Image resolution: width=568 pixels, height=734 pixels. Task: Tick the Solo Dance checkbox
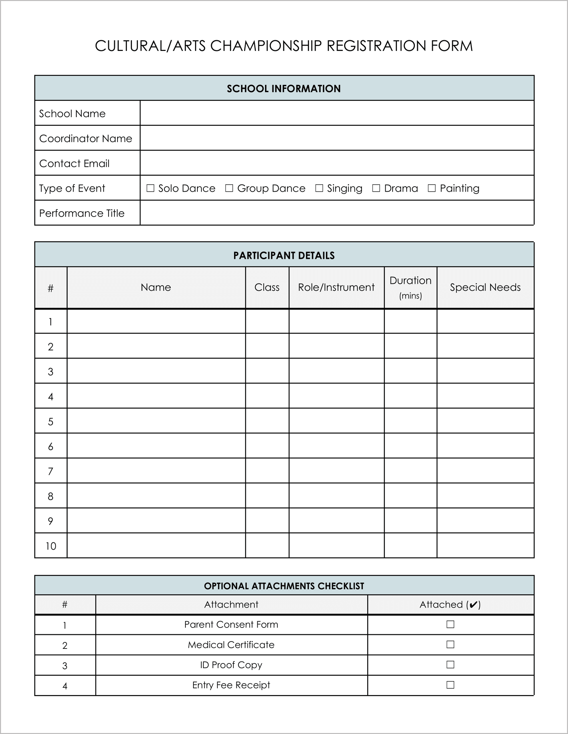[150, 188]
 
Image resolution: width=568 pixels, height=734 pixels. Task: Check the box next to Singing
[319, 188]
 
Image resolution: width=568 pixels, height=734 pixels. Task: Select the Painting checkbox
[432, 188]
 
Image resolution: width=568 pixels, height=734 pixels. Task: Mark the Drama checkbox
[376, 188]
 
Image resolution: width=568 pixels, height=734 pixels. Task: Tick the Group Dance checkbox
[229, 188]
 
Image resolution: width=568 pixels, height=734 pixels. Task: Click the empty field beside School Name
[337, 113]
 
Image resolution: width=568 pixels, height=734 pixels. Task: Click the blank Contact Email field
[337, 163]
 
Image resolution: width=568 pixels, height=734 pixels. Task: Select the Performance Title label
[82, 213]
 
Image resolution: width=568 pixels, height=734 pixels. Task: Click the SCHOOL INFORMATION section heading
[284, 89]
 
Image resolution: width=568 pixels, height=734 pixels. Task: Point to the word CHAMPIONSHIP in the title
[266, 46]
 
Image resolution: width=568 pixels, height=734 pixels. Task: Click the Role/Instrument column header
[336, 287]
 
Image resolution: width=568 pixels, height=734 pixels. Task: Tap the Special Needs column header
[485, 287]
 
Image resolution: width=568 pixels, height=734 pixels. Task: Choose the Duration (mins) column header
[410, 287]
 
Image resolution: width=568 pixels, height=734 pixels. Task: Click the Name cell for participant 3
[156, 371]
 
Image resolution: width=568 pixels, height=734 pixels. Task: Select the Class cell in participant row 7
[267, 470]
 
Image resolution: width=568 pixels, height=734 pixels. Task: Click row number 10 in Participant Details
[51, 546]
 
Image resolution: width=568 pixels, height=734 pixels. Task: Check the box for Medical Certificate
[450, 644]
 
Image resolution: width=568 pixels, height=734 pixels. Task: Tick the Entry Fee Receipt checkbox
[450, 685]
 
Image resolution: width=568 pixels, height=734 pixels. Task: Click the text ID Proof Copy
[231, 665]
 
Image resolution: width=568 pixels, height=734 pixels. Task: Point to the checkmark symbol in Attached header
[473, 605]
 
